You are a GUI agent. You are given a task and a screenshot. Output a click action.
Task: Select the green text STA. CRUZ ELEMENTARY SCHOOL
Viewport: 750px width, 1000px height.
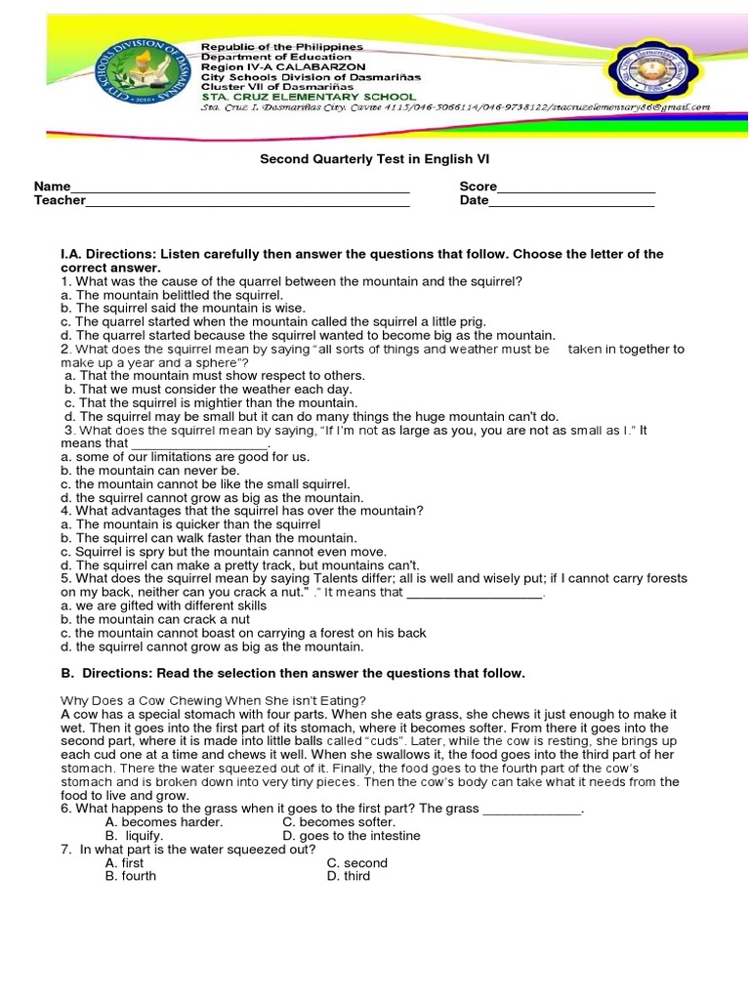point(309,97)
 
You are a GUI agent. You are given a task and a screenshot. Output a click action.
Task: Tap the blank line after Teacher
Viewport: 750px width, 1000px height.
point(248,201)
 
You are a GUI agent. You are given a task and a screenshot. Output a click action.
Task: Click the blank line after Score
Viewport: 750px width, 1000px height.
point(576,187)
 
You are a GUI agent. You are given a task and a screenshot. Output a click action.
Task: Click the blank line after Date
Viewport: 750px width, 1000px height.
point(571,201)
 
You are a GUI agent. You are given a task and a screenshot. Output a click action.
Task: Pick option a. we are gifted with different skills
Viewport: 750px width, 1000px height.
point(163,605)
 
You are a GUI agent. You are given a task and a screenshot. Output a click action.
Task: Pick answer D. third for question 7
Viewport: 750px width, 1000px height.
point(348,876)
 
